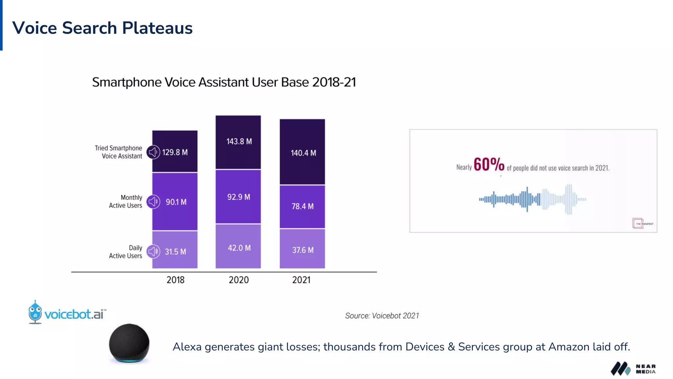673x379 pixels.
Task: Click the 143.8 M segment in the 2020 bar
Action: [x=239, y=142]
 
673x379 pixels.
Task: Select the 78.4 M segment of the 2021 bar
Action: [x=302, y=207]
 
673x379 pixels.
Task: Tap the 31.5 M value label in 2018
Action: [x=175, y=252]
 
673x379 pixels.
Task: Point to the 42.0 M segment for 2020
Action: [x=239, y=247]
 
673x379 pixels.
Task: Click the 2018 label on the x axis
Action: [x=175, y=280]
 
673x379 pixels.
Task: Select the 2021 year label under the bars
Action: [x=301, y=280]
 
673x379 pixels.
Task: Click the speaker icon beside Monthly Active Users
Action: [x=153, y=202]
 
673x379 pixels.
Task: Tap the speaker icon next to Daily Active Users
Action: [x=153, y=252]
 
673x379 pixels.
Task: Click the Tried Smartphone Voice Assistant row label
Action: [x=119, y=152]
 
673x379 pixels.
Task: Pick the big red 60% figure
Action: [x=489, y=164]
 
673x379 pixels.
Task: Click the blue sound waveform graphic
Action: [x=532, y=199]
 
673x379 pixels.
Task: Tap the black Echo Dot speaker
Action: [x=129, y=343]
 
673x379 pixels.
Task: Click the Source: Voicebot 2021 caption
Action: [x=382, y=316]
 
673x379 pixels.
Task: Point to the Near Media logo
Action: [x=633, y=369]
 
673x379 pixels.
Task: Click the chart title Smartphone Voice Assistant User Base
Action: [x=224, y=82]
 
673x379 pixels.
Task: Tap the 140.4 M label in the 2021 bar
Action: [x=303, y=153]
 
